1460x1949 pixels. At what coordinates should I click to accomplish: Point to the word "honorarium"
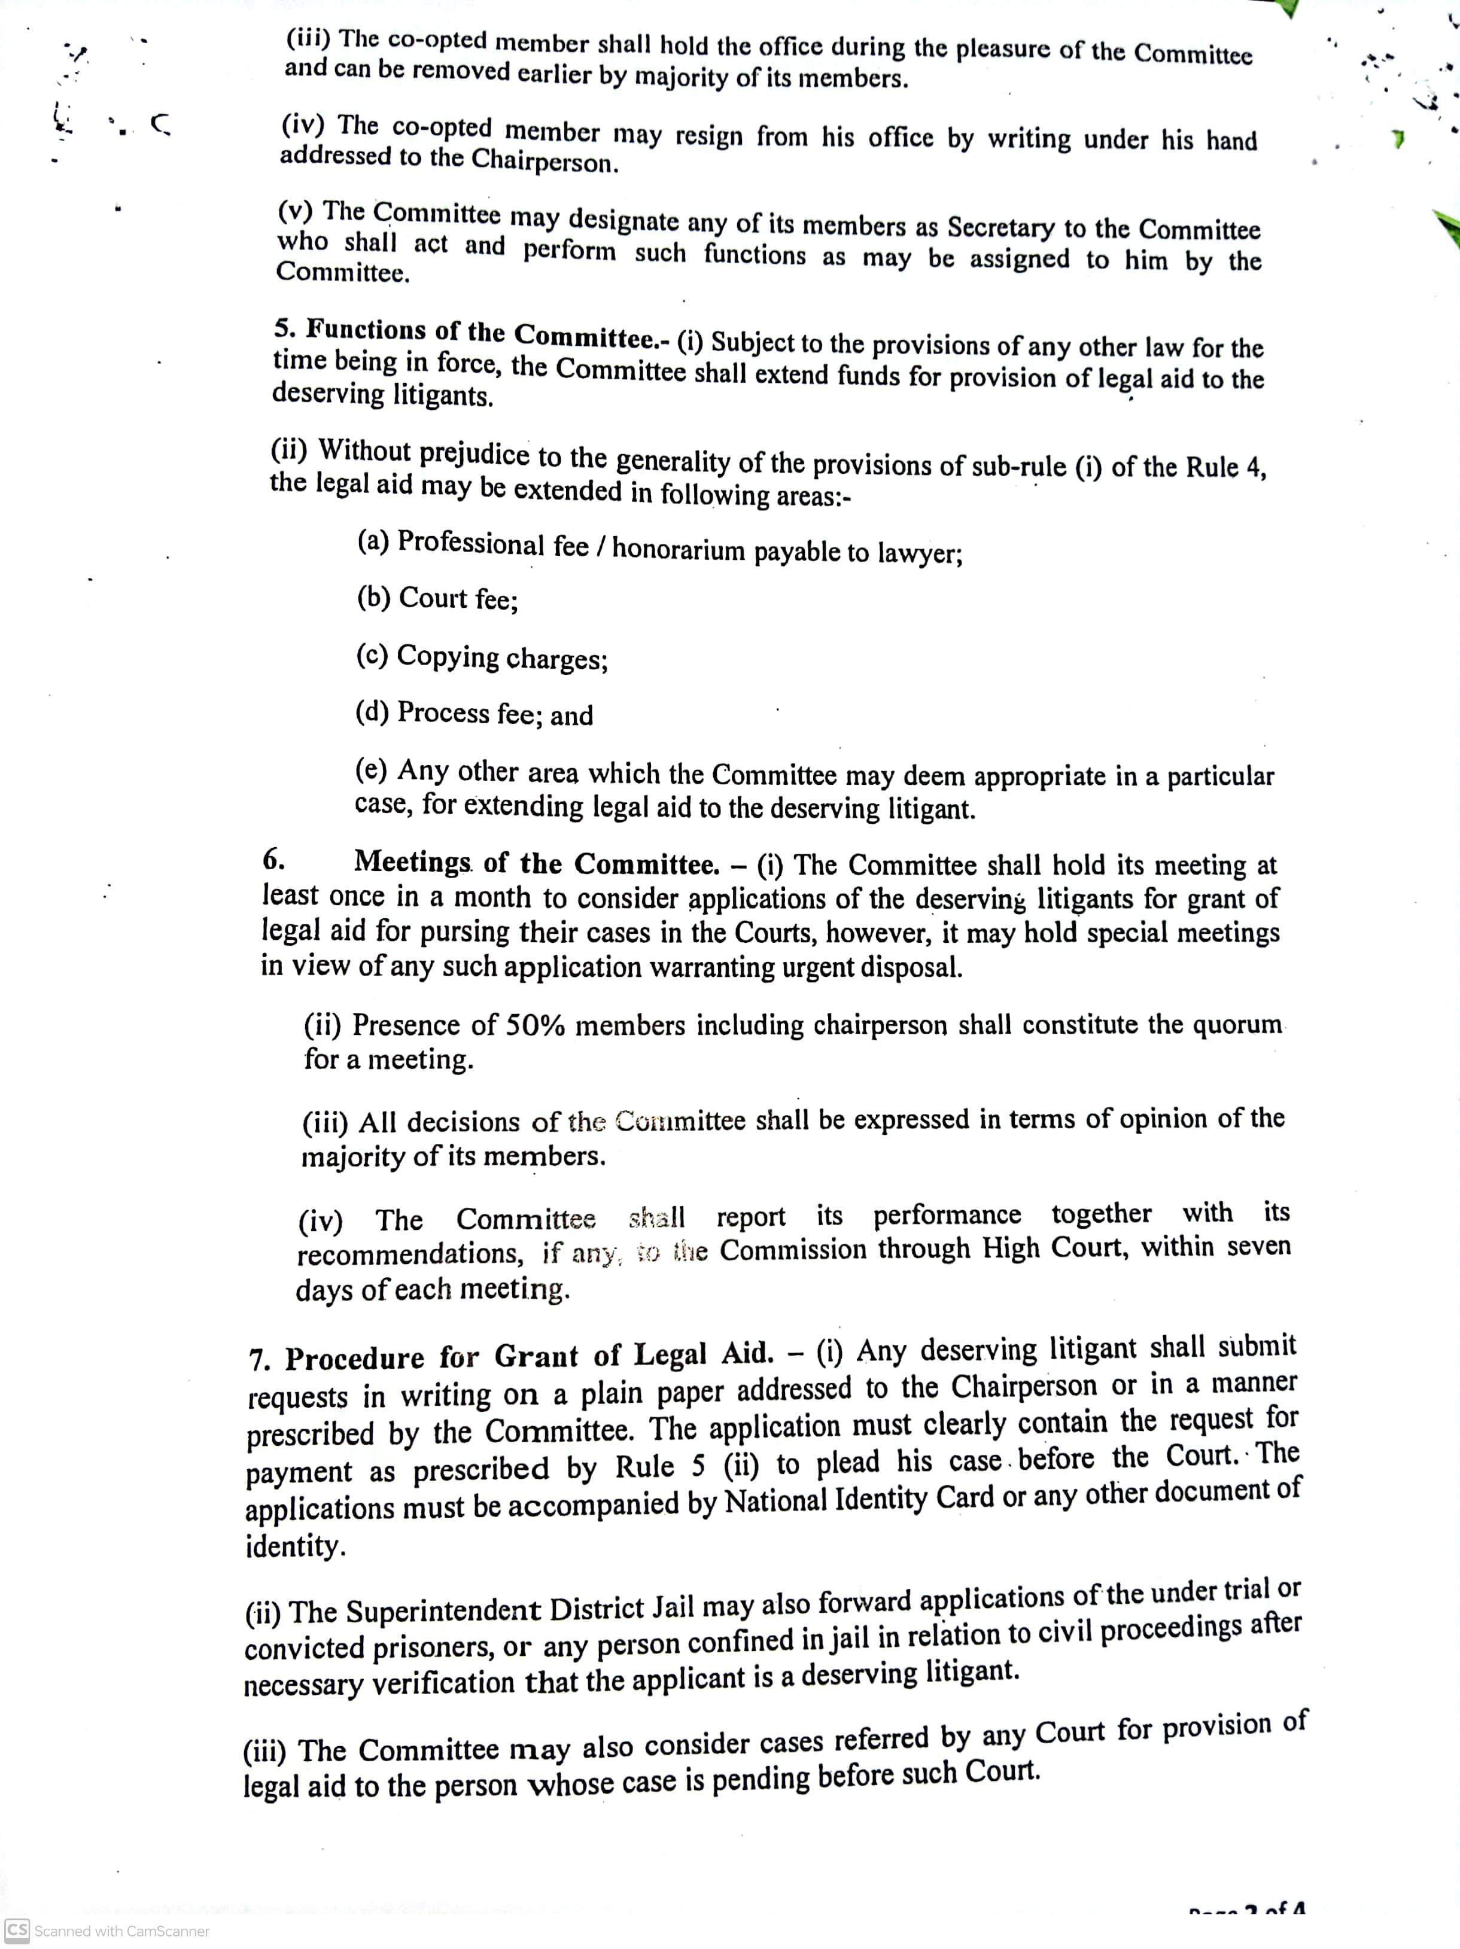[x=679, y=549]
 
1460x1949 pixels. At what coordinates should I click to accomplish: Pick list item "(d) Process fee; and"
[x=473, y=713]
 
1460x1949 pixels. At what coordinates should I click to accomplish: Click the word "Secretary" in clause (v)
[x=1000, y=227]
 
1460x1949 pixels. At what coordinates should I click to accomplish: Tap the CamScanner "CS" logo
[x=17, y=1930]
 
